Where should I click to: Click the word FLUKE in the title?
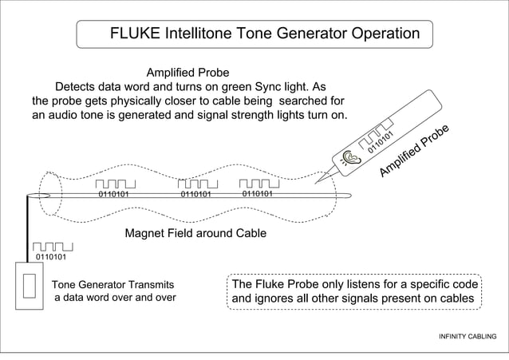[x=134, y=34]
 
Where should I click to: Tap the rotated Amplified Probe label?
[x=416, y=151]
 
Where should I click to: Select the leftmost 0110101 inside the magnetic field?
[x=113, y=194]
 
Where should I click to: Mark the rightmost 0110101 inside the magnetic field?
[x=258, y=193]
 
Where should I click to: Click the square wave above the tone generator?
[x=53, y=246]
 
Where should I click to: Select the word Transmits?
[x=146, y=284]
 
